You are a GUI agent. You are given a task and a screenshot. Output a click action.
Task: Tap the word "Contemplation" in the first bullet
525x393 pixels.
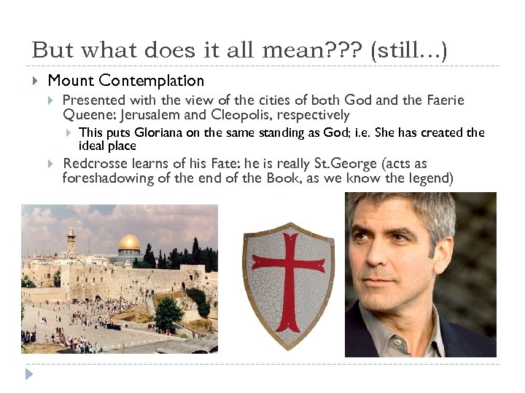tap(152, 81)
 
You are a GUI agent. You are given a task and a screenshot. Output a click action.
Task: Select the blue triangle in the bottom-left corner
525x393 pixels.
tap(29, 375)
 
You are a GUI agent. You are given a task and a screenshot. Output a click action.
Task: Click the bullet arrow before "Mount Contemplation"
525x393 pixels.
tap(36, 81)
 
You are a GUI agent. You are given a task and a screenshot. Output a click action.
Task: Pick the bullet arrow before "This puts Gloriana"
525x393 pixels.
tap(67, 132)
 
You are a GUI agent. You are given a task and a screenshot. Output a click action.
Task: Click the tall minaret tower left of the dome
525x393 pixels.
tap(71, 241)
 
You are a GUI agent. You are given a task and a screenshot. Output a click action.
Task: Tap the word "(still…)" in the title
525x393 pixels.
tap(410, 50)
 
